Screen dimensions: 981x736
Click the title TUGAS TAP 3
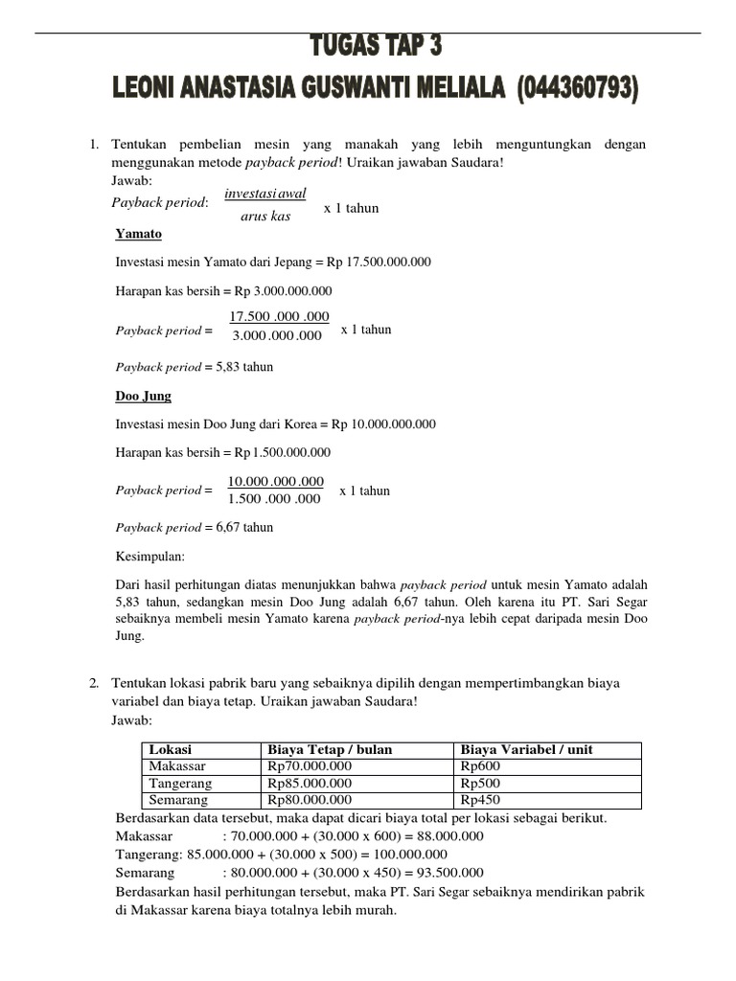[x=377, y=47]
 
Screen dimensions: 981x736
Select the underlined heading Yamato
[x=138, y=234]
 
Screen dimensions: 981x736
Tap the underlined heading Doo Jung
[x=143, y=395]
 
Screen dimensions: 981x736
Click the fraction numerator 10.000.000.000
[x=276, y=481]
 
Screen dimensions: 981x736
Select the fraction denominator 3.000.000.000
[x=277, y=336]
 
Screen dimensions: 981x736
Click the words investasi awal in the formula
[x=264, y=194]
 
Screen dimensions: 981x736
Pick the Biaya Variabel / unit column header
[x=526, y=749]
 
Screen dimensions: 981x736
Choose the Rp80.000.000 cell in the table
[x=310, y=800]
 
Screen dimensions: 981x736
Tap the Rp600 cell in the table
[x=480, y=766]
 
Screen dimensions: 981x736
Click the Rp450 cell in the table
[x=480, y=800]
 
